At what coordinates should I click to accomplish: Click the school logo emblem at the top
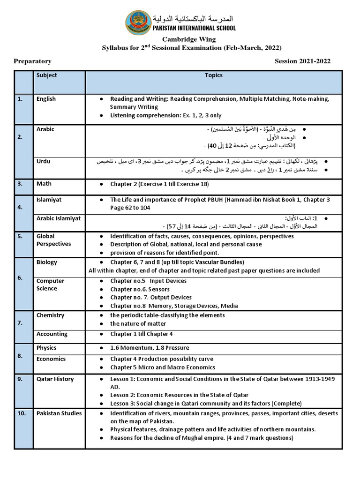tap(139, 23)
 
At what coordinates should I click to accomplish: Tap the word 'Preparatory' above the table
tap(32, 61)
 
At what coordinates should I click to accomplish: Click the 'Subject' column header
tap(47, 75)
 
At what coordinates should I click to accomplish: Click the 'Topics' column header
tap(214, 75)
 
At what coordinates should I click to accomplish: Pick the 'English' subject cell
tap(46, 99)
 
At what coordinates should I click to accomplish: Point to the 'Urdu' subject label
tap(44, 162)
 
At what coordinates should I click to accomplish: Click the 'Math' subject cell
tap(44, 184)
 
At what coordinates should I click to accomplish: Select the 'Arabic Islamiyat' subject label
tap(59, 218)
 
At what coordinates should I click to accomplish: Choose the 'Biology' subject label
tap(47, 262)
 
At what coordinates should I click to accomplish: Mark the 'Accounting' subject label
tap(52, 334)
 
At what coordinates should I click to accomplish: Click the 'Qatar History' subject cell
tap(55, 379)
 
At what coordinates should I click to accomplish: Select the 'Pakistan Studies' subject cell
tap(59, 413)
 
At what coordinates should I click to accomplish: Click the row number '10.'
tap(22, 413)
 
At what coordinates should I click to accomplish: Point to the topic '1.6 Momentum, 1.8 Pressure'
tap(150, 348)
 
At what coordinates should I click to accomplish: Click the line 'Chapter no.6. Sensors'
tap(140, 290)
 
